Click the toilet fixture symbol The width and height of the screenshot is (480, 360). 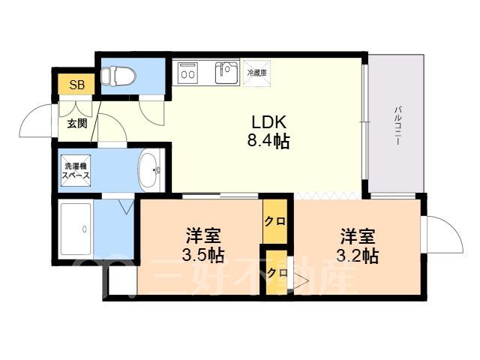118,75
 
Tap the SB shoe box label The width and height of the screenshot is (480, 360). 76,85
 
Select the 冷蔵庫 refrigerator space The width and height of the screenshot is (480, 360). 256,73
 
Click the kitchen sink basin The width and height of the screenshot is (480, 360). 226,73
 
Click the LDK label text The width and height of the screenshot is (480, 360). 268,122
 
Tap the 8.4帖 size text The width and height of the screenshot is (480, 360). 268,141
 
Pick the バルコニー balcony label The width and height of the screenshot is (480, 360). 397,126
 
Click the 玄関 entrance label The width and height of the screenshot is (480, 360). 77,123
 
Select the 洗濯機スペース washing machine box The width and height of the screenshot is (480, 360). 76,170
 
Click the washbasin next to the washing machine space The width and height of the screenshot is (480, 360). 150,170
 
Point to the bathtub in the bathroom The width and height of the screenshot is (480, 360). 76,229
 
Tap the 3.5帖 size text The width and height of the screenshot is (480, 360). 203,255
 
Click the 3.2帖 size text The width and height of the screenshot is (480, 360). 358,256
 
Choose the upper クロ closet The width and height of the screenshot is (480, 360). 275,221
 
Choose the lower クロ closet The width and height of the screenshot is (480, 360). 277,272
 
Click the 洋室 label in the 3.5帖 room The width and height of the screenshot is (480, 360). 203,235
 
